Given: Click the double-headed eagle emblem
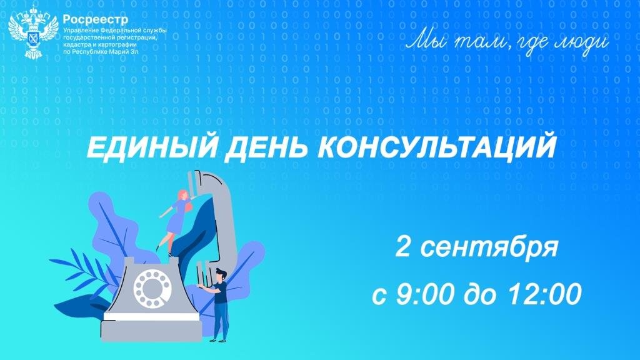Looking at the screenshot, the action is point(33,31).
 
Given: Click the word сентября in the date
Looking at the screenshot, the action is point(489,247).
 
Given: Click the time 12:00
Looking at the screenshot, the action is point(544,294).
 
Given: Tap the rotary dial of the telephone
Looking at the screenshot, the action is point(152,289).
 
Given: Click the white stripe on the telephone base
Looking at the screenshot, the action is point(151,316).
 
